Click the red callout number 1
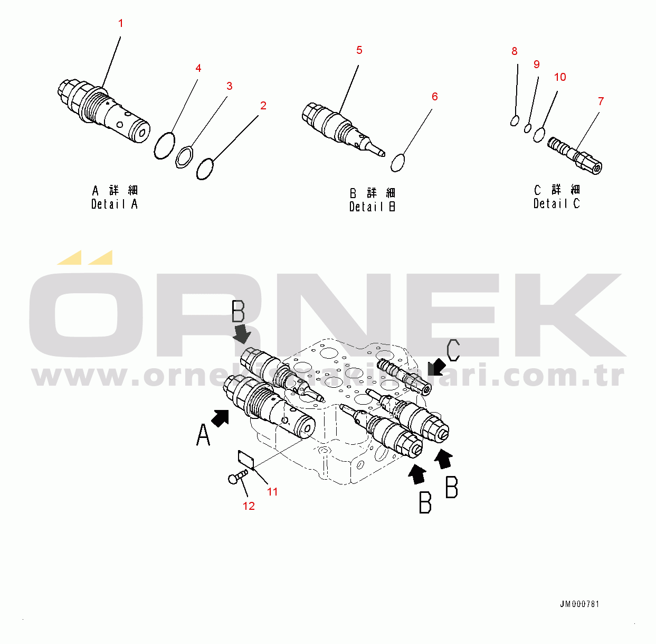click(120, 23)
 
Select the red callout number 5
click(359, 50)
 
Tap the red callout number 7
click(601, 101)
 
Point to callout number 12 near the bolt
click(249, 506)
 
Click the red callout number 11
click(272, 491)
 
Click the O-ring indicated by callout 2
click(205, 169)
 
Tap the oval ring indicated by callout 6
click(398, 163)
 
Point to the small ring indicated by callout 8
click(515, 121)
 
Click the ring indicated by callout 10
click(539, 134)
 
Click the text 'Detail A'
click(114, 204)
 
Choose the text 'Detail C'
click(556, 203)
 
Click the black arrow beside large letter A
click(221, 418)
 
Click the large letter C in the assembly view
click(453, 350)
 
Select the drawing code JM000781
click(579, 604)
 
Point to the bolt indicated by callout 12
click(237, 476)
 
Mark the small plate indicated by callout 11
click(246, 459)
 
